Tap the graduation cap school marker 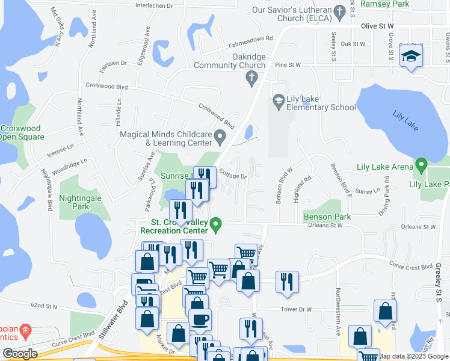tap(411, 57)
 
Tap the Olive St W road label tap(377, 26)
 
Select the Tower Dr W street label tap(296, 309)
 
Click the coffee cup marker tap(200, 319)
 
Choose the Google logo tap(20, 354)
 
